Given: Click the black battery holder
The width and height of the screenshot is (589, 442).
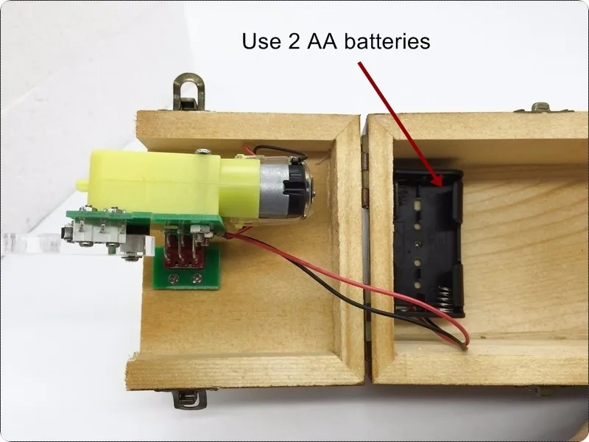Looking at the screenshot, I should (x=427, y=243).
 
